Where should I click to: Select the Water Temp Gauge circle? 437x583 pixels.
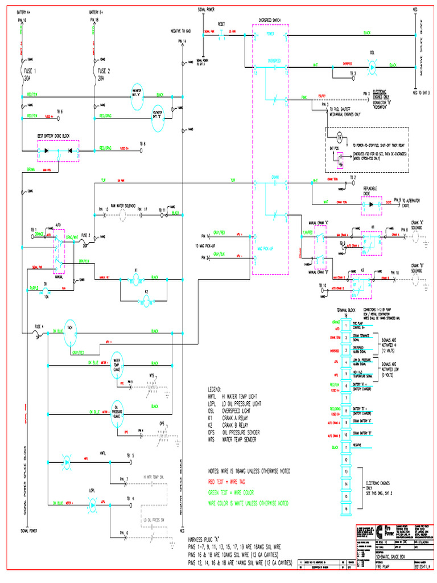pos(117,363)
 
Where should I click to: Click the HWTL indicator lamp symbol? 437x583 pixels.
pos(67,459)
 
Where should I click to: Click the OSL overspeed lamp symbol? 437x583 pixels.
pos(372,65)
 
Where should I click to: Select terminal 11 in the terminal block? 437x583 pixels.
pos(346,448)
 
